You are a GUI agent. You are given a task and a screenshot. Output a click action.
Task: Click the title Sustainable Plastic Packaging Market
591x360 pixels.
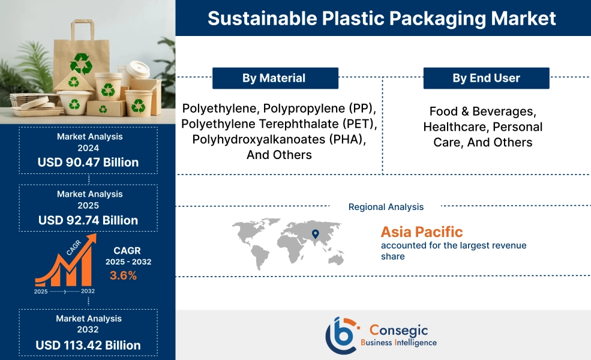[x=382, y=18]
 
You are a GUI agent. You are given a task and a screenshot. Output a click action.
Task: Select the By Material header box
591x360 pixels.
[x=274, y=78]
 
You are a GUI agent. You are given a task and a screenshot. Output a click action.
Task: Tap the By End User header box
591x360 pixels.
[x=486, y=78]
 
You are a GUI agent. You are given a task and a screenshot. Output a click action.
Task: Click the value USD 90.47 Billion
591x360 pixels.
[x=88, y=162]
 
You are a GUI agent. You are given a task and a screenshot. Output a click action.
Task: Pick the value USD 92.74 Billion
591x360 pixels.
[x=88, y=220]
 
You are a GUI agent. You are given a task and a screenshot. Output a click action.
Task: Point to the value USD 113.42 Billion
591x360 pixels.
[x=88, y=345]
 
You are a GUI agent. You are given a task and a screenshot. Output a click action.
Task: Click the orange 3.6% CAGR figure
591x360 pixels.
[x=123, y=276]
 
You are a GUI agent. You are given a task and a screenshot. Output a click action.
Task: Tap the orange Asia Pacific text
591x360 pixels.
[x=422, y=232]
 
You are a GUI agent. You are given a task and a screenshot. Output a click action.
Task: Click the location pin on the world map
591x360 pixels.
[x=316, y=233]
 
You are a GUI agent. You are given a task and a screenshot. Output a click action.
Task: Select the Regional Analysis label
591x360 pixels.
[x=386, y=207]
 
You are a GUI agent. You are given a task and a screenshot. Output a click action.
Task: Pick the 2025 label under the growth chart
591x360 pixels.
[x=41, y=291]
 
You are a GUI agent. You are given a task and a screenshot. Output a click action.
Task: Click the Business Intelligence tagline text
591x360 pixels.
[x=398, y=343]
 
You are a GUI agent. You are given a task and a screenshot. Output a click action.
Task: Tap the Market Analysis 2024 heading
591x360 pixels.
[x=89, y=142]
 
